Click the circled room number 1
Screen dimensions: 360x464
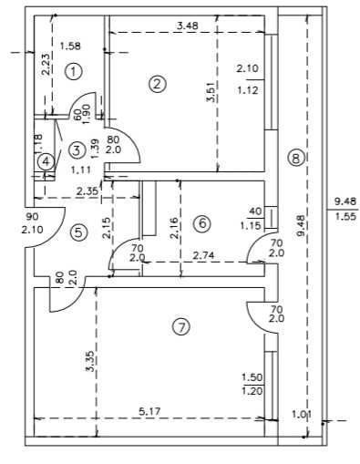(x=73, y=71)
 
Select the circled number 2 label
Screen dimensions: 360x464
(x=158, y=84)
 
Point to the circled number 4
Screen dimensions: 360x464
(x=46, y=161)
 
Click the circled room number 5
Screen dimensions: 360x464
(x=78, y=232)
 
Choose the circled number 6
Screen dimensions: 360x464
(x=202, y=223)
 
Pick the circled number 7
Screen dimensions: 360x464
(x=181, y=327)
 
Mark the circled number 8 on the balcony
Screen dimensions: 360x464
(x=296, y=158)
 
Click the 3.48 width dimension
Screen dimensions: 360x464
(x=188, y=26)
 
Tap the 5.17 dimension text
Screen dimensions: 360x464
(x=149, y=412)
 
